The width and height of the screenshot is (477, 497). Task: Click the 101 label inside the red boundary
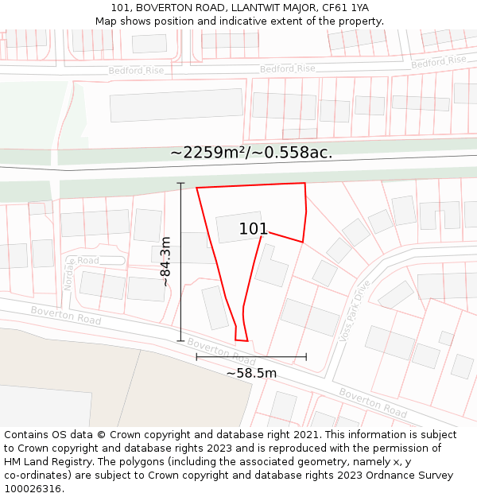[254, 229]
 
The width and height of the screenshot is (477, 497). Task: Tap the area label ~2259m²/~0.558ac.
[250, 153]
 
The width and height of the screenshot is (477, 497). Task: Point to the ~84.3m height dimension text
[165, 261]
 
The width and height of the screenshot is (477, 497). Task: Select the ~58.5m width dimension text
[251, 373]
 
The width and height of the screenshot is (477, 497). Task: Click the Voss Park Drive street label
[355, 311]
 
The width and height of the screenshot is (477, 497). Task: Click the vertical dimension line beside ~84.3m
[180, 262]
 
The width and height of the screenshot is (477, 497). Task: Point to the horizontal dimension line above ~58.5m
[251, 357]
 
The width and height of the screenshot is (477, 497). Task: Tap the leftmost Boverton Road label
[66, 315]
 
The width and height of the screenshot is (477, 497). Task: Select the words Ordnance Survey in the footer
[416, 476]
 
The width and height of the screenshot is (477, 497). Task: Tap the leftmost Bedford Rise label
[136, 71]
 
